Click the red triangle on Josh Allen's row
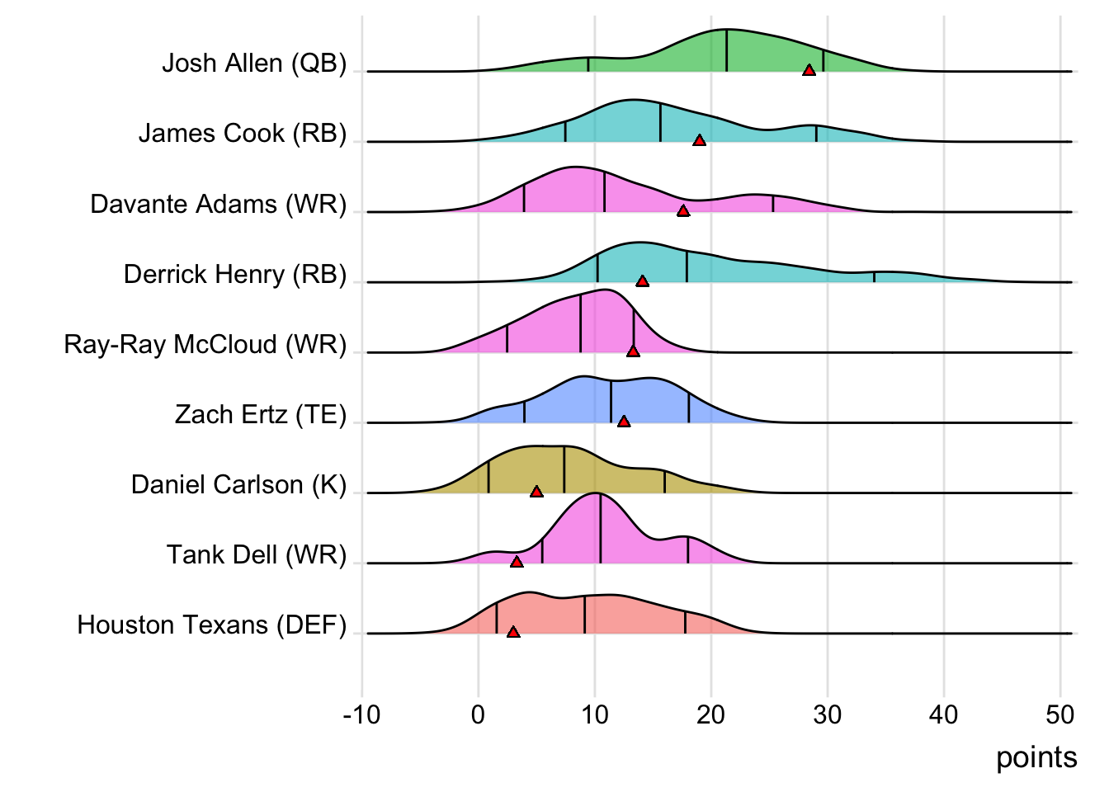pos(809,71)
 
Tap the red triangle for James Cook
pos(699,141)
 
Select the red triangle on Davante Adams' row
pos(682,211)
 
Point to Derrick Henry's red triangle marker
pos(642,281)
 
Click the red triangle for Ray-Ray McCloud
pos(633,351)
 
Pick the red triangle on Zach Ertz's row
pos(624,422)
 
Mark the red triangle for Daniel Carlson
pos(536,492)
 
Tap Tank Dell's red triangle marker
pos(517,562)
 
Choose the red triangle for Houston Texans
pos(513,632)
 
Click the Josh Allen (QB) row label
pos(254,63)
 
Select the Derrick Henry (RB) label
pos(235,274)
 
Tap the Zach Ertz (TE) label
pos(261,414)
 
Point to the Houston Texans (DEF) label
pos(212,625)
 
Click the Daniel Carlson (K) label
pos(239,484)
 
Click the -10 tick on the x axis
pos(361,714)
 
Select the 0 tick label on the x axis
pos(478,714)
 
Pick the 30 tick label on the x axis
pos(827,714)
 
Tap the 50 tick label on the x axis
pos(1059,714)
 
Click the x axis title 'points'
pos(1036,757)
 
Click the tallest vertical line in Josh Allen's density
pos(726,50)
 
